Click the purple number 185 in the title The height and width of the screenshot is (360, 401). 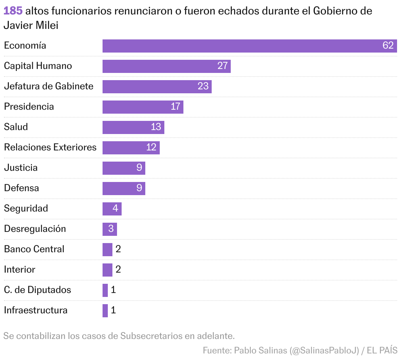pyautogui.click(x=13, y=11)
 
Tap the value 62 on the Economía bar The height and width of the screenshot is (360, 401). pyautogui.click(x=388, y=45)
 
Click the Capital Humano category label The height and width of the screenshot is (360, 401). pyautogui.click(x=38, y=66)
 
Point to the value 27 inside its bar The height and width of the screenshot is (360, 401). pyautogui.click(x=223, y=66)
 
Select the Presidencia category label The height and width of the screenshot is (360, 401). pyautogui.click(x=29, y=107)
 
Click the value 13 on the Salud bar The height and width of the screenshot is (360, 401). pyautogui.click(x=156, y=127)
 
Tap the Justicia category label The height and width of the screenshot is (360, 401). pyautogui.click(x=21, y=168)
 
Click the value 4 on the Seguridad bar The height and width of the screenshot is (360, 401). pyautogui.click(x=115, y=208)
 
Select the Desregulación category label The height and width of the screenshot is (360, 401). pyautogui.click(x=35, y=229)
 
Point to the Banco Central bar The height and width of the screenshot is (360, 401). pyautogui.click(x=107, y=250)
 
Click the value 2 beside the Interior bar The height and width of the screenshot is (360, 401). pyautogui.click(x=118, y=270)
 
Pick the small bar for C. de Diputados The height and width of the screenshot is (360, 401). pyautogui.click(x=105, y=290)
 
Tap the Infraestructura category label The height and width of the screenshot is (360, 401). pyautogui.click(x=35, y=310)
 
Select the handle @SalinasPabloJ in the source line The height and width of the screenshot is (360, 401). pyautogui.click(x=324, y=350)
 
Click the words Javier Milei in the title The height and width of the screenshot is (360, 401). pyautogui.click(x=31, y=25)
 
